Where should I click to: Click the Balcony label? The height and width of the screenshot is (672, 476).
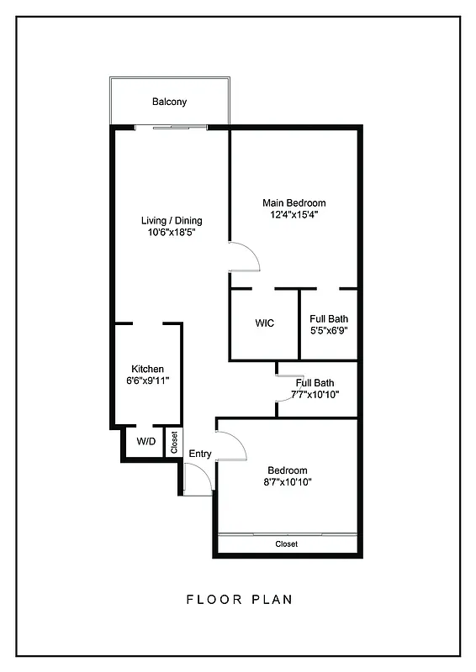click(x=169, y=102)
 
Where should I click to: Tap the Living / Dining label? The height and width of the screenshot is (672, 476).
click(x=172, y=221)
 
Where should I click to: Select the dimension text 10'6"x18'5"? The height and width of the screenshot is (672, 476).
click(x=172, y=233)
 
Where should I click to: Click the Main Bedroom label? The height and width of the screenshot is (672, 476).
click(x=294, y=203)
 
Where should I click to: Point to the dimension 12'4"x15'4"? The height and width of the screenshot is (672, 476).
click(x=294, y=215)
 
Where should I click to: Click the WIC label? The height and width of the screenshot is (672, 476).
click(x=265, y=323)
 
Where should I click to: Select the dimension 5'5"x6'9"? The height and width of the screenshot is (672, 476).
click(x=329, y=330)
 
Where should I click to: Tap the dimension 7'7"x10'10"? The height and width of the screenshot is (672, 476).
click(x=315, y=394)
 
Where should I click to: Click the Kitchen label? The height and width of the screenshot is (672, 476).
click(x=147, y=369)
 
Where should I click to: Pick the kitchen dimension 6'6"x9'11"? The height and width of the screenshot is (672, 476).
click(x=147, y=381)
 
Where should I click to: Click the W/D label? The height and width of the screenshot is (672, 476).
click(x=145, y=441)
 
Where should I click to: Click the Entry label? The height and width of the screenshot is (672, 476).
click(x=200, y=454)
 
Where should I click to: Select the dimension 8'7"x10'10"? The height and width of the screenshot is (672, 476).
click(x=288, y=482)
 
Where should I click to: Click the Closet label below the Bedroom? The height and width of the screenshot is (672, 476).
click(x=286, y=544)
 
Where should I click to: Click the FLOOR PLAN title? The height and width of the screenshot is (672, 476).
click(x=239, y=600)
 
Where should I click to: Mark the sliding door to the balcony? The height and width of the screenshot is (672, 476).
click(x=171, y=127)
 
